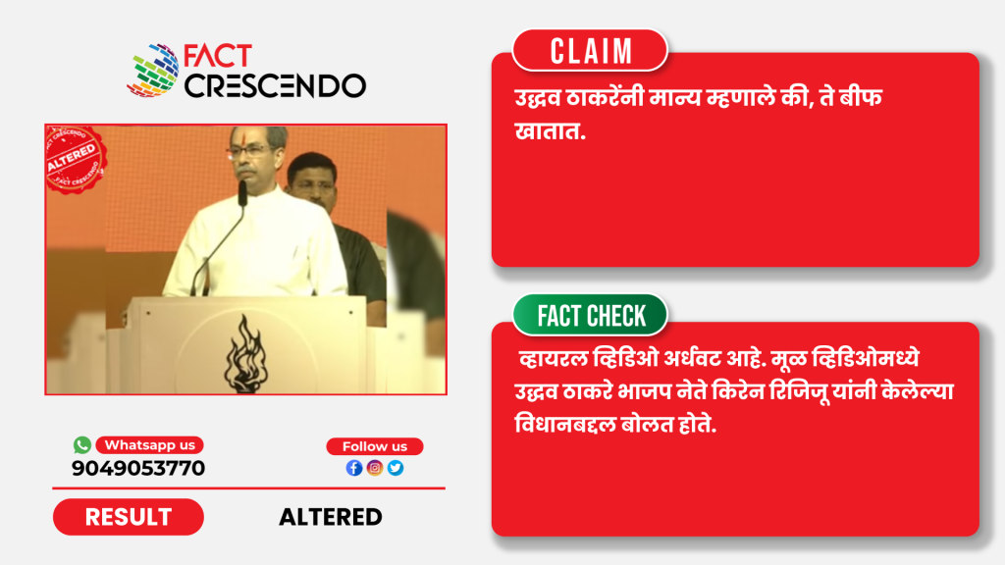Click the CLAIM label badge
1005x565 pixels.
[590, 51]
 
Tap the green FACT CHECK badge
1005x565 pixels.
[590, 315]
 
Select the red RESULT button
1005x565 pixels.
[129, 517]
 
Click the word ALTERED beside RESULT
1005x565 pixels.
[331, 517]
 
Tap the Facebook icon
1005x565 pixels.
[353, 468]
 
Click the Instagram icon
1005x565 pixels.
[375, 468]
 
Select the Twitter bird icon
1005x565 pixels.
[396, 468]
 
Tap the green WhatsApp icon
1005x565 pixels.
[82, 444]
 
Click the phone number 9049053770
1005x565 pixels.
[138, 468]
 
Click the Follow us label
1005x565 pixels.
[375, 446]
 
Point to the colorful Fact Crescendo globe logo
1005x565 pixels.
[153, 71]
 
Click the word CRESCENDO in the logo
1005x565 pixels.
[275, 86]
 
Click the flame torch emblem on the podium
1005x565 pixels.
[244, 353]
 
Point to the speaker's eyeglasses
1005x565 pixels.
[248, 151]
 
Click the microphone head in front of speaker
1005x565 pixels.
[243, 193]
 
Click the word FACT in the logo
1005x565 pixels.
[218, 56]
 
